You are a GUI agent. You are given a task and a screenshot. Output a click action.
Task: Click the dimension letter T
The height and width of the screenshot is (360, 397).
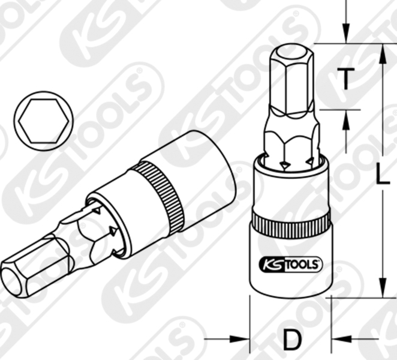point(346,79)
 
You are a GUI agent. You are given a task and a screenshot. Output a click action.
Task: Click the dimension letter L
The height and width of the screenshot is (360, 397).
point(382,174)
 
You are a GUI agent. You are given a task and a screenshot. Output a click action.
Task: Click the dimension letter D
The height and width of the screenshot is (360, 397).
point(293,339)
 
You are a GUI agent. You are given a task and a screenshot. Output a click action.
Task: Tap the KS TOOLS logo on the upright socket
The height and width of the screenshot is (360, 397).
point(291,265)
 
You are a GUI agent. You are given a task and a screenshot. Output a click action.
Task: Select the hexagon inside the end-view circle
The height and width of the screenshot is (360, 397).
point(44,121)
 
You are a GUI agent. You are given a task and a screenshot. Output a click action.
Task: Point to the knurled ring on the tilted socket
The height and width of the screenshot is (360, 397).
point(160,196)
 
